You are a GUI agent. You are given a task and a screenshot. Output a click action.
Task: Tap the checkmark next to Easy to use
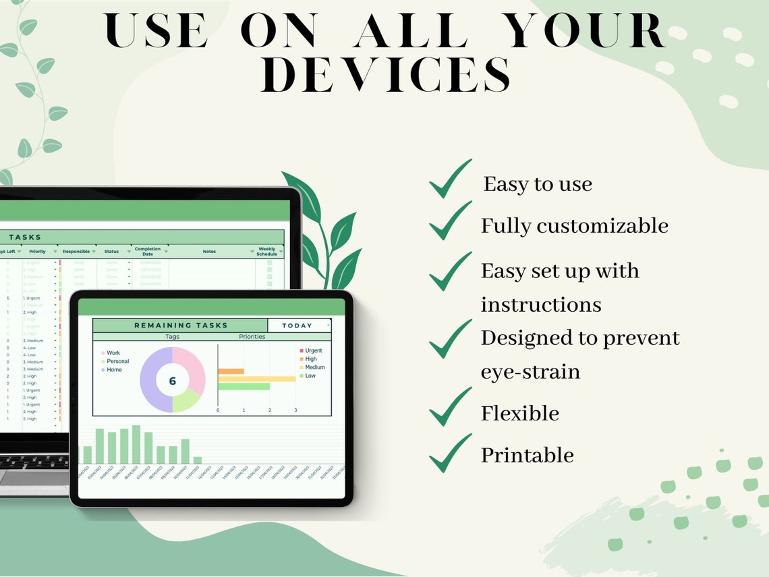tap(450, 180)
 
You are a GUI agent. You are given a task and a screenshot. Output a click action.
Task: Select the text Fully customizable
tap(574, 226)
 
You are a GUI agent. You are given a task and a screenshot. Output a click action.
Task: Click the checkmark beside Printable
tap(450, 453)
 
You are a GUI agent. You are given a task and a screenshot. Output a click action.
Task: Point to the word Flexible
tap(519, 413)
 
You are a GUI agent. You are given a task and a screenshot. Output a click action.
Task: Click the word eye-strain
tap(530, 371)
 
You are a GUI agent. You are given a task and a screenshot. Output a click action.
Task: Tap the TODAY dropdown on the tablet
tap(299, 325)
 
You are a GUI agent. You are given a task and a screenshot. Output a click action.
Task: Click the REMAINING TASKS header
tap(180, 325)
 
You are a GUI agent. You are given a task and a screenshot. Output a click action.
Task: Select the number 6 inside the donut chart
tap(172, 381)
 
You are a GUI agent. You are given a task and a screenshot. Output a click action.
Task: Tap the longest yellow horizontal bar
tap(256, 379)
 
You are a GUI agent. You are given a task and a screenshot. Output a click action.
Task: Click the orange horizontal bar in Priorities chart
tap(231, 371)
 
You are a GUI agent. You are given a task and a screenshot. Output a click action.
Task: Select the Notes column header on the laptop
tap(209, 252)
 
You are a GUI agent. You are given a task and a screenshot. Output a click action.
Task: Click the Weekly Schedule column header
tap(267, 252)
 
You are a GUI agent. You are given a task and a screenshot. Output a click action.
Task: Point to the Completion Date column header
tap(148, 252)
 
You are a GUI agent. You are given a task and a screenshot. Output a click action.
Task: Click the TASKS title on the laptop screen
tap(25, 237)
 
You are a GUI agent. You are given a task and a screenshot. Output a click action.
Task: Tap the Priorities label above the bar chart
tap(252, 336)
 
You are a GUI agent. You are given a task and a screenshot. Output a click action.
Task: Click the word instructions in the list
tap(540, 304)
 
